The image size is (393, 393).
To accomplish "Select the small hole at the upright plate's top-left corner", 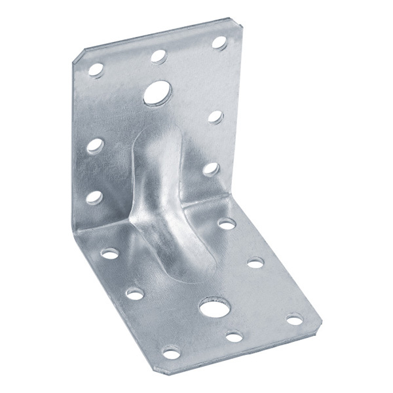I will pos(96,68).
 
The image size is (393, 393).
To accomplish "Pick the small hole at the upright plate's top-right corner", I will pos(218,43).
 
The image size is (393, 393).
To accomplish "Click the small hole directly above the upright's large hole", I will pos(158,56).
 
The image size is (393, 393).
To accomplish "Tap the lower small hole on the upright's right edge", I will pos(210,168).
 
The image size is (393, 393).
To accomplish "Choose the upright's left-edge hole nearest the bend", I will pos(95,196).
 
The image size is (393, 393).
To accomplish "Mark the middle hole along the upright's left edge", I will pos(96,144).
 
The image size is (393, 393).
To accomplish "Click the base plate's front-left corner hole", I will pos(172,353).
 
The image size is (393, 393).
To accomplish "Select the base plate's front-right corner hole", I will pos(295,320).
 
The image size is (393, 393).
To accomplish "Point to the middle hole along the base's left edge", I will pos(135,293).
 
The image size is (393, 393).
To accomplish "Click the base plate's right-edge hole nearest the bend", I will pos(226,224).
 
